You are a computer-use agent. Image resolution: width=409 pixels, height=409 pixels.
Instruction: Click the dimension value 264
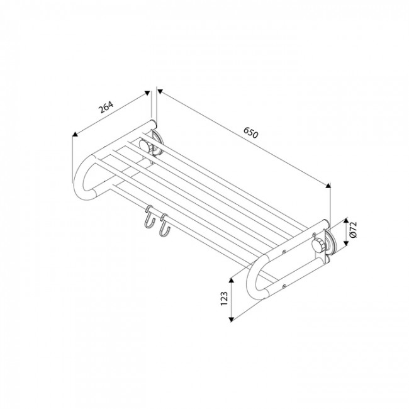point(106,107)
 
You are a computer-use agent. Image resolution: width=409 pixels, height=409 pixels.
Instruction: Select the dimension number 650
point(251,133)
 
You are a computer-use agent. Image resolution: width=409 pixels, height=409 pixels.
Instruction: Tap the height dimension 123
point(224,299)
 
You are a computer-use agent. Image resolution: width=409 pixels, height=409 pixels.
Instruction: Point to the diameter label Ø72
point(353,230)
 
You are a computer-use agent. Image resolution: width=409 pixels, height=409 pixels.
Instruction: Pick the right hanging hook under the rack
point(164,225)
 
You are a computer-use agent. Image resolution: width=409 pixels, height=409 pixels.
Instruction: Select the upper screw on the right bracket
point(284,252)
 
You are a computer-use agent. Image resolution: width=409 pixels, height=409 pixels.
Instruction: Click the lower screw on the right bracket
point(284,286)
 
